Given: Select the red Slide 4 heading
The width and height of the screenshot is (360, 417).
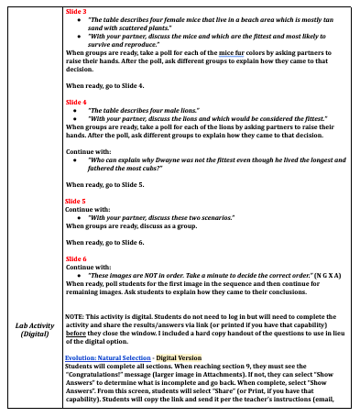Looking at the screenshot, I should coord(76,101).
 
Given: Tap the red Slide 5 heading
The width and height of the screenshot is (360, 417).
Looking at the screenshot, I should coord(76,199).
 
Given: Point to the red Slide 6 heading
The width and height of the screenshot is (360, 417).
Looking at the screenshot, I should coord(76,259).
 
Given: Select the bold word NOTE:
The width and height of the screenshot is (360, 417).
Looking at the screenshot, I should coord(75,315).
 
